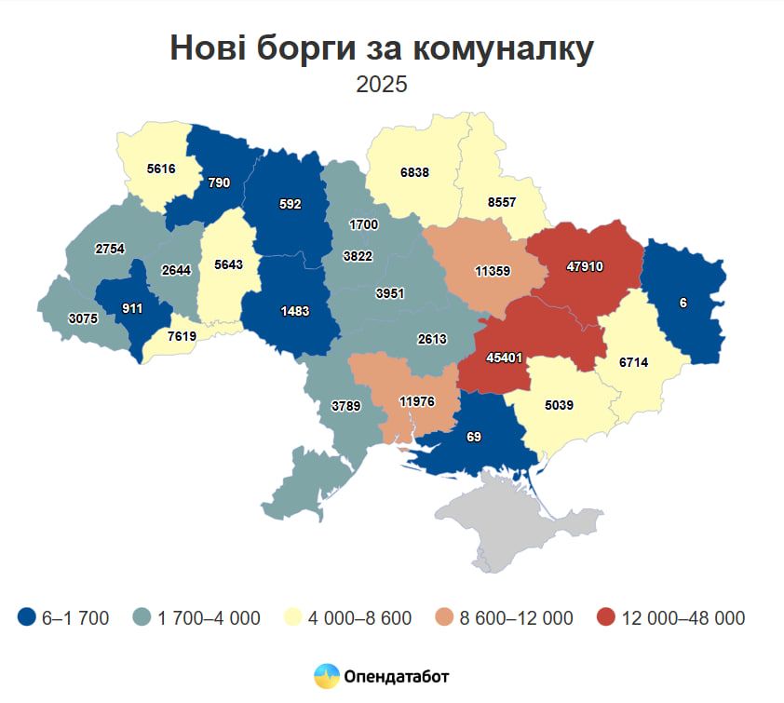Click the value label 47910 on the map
pyautogui.click(x=585, y=266)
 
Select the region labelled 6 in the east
pyautogui.click(x=683, y=304)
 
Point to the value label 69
pyautogui.click(x=474, y=437)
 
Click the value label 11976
pyautogui.click(x=416, y=402)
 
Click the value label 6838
pyautogui.click(x=414, y=174)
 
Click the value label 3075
pyautogui.click(x=83, y=318)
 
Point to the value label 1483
pyautogui.click(x=294, y=311)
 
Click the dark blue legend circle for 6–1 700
pyautogui.click(x=28, y=617)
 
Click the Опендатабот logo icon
pyautogui.click(x=326, y=676)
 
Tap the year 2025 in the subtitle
pyautogui.click(x=382, y=84)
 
